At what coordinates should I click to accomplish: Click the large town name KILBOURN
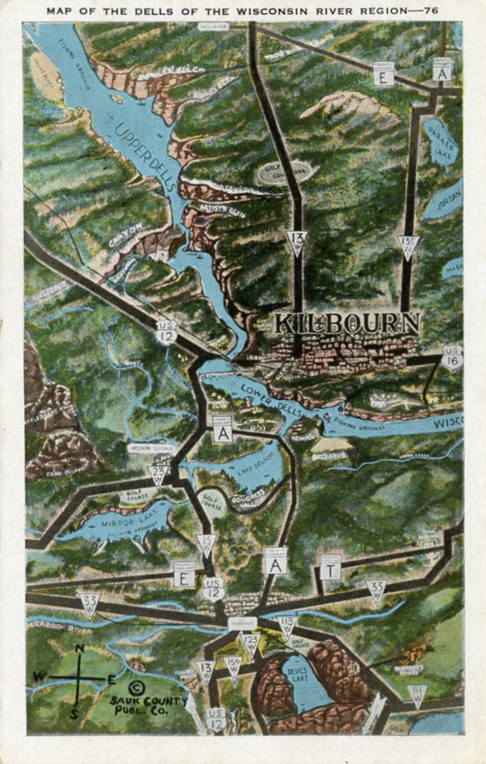pos(347,323)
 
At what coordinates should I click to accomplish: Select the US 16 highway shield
pos(452,355)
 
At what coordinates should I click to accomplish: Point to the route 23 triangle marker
pos(158,476)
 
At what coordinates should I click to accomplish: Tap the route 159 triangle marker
pos(234,667)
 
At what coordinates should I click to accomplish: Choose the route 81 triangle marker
pos(416,694)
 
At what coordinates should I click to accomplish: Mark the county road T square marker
pos(331,569)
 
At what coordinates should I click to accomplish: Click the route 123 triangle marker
pos(251,643)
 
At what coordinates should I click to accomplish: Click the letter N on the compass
pos(79,649)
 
